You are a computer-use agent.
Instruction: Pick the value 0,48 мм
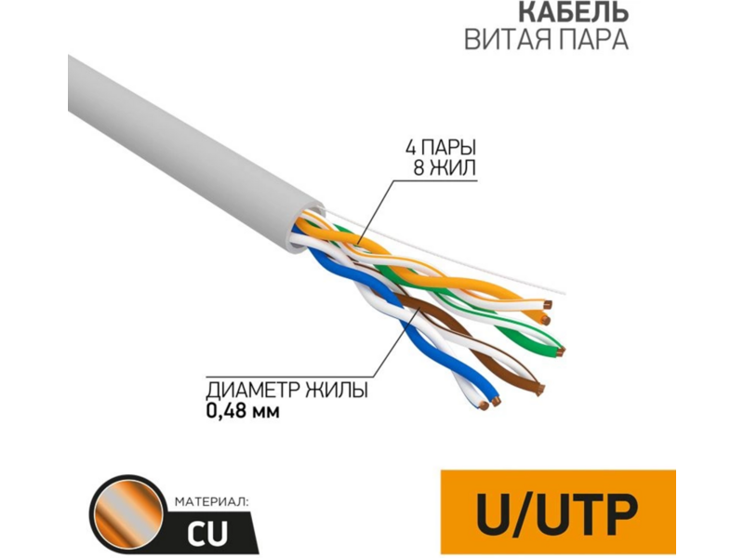pyautogui.click(x=242, y=409)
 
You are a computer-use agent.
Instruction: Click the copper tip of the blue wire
pyautogui.click(x=495, y=403)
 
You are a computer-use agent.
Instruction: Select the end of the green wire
pyautogui.click(x=561, y=351)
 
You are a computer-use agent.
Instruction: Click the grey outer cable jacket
pyautogui.click(x=177, y=149)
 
